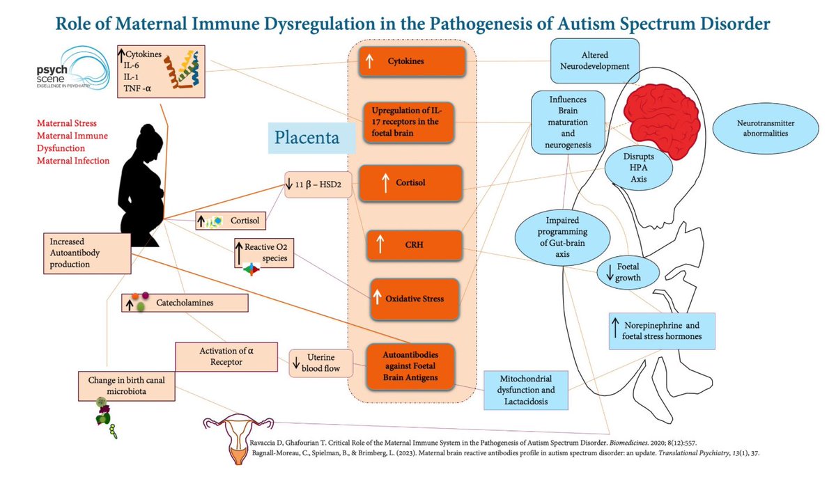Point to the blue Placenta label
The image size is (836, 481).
pos(307,137)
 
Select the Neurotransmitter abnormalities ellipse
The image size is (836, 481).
pos(765,127)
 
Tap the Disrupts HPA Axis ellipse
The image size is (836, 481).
pos(629,167)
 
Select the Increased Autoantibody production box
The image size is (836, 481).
pos(87,252)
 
